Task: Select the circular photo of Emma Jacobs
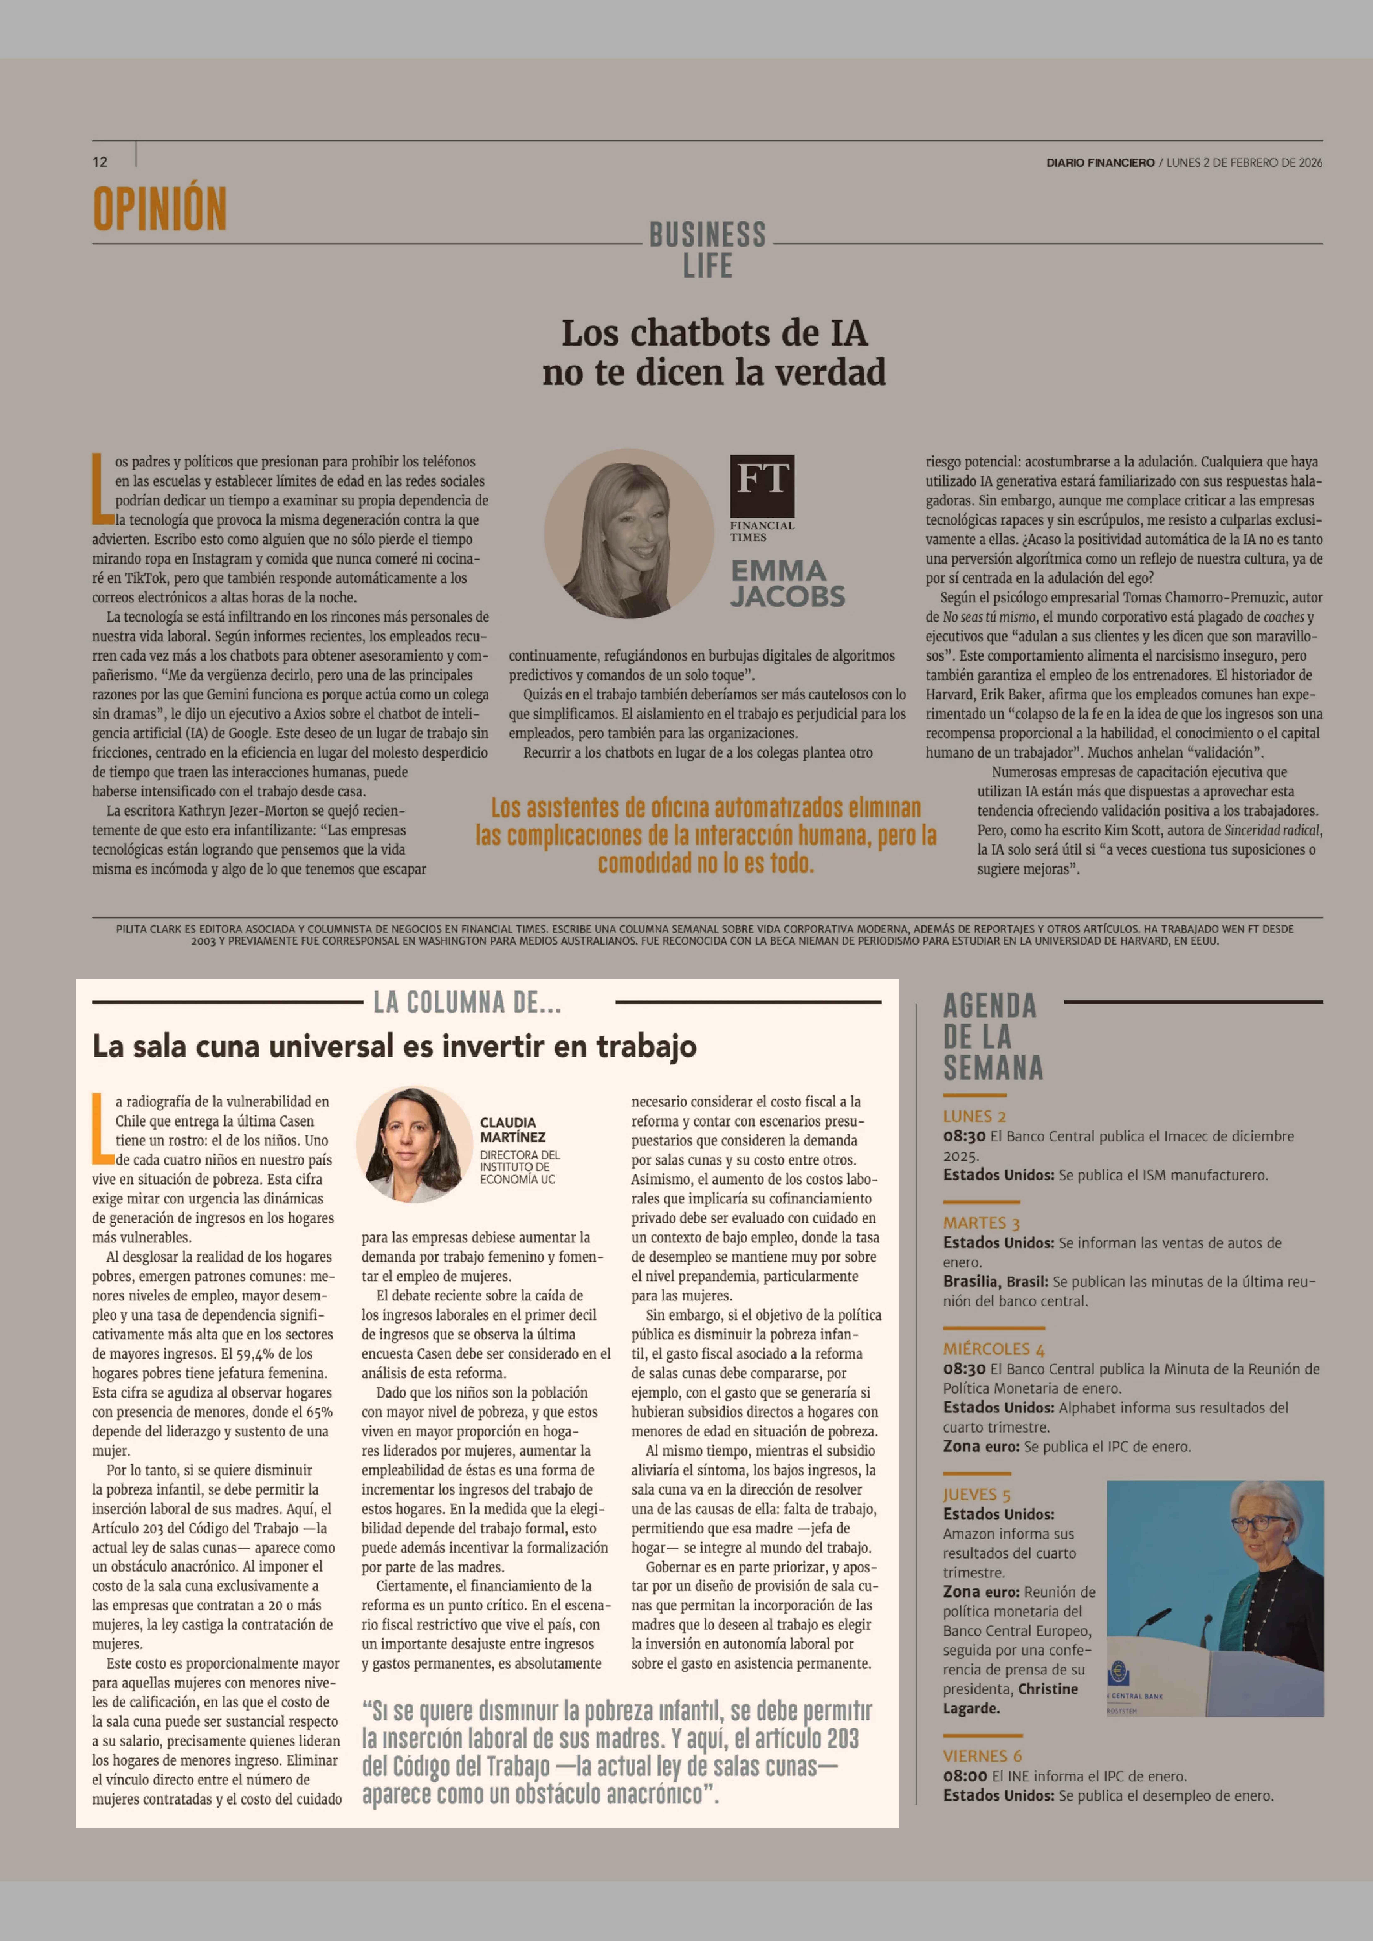(x=628, y=534)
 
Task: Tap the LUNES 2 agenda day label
(x=974, y=1116)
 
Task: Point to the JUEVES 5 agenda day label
(x=976, y=1495)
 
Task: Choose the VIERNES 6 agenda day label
(x=982, y=1756)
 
